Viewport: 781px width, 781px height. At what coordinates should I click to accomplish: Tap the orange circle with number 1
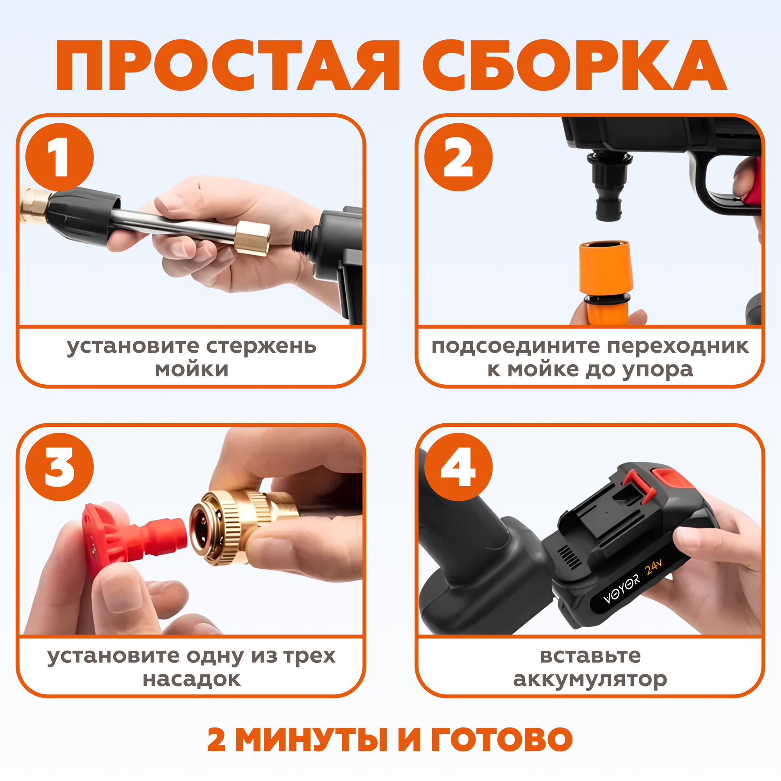(59, 157)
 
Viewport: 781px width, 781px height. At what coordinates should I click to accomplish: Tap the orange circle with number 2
(458, 157)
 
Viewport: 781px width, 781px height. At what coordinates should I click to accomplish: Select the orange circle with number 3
(59, 467)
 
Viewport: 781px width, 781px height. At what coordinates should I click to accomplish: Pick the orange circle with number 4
(458, 467)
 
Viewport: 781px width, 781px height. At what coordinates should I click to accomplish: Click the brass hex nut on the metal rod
(253, 238)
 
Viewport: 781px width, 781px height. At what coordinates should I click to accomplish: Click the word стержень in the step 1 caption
(261, 346)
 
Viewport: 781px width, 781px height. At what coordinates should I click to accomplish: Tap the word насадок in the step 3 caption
(192, 679)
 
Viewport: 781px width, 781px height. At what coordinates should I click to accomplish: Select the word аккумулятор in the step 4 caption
(590, 680)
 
